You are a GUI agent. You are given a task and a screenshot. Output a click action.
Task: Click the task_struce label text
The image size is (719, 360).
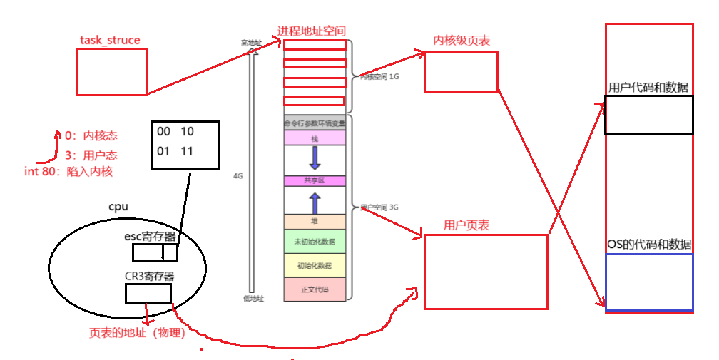(110, 41)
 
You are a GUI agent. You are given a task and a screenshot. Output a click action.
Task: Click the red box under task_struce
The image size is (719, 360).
(112, 72)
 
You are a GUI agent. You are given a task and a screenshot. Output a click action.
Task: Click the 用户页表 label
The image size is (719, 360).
(466, 226)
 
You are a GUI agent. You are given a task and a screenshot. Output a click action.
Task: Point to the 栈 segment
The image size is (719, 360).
(315, 138)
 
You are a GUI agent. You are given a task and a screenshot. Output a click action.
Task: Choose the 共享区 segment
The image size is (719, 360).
(315, 181)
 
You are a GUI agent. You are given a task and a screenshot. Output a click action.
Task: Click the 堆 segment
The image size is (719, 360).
(315, 222)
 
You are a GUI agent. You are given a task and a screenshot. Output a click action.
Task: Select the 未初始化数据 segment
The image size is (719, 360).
(315, 242)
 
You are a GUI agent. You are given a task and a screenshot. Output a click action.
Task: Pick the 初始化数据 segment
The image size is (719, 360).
(315, 265)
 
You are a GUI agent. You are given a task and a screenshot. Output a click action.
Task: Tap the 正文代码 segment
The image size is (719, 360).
(315, 289)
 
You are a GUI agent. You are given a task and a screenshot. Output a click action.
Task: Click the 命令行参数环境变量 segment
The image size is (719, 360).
(315, 123)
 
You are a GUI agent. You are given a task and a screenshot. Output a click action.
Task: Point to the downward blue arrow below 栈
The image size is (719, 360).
(315, 158)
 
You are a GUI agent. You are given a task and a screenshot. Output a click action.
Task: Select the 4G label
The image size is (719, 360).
(238, 175)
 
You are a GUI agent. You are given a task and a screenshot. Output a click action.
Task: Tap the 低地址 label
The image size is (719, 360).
(253, 299)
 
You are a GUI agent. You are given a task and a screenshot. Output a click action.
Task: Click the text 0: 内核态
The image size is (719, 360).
(89, 136)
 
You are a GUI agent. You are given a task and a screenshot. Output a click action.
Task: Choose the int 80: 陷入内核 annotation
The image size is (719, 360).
(68, 172)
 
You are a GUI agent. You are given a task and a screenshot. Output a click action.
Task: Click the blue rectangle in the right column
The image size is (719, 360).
(649, 282)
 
